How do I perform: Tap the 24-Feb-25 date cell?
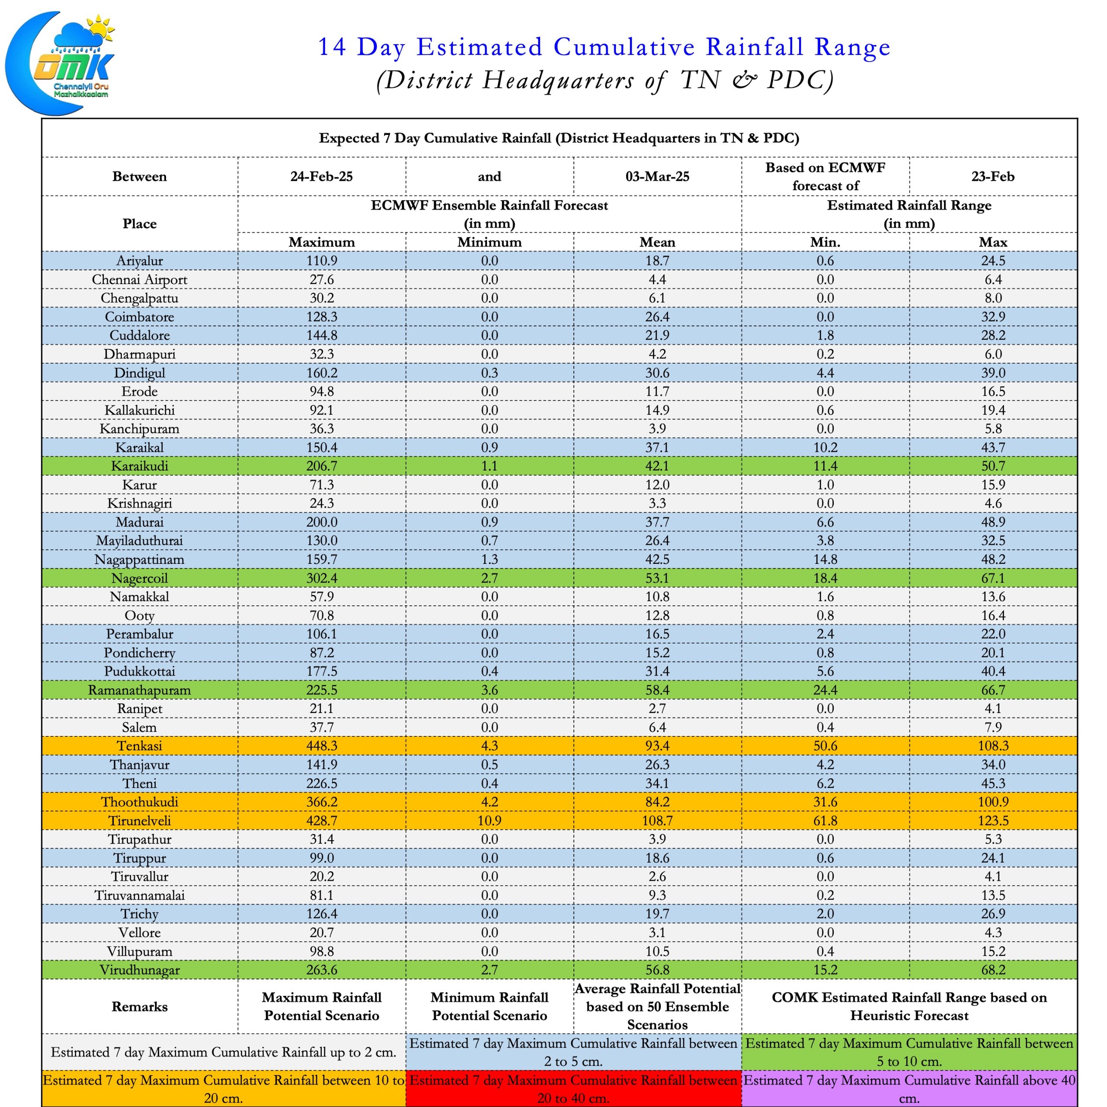321,176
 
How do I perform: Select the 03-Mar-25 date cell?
657,176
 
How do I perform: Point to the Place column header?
139,224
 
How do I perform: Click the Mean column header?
657,242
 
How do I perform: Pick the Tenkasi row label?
139,745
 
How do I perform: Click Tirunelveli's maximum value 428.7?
321,820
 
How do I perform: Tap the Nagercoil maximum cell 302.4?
321,578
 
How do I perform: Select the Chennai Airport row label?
139,280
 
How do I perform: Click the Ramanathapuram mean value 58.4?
657,690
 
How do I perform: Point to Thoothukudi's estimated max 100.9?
993,802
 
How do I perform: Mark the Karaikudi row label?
139,466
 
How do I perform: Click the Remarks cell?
139,1007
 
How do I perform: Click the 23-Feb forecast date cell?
993,176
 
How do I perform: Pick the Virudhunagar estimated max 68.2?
993,970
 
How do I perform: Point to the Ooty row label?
139,615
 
